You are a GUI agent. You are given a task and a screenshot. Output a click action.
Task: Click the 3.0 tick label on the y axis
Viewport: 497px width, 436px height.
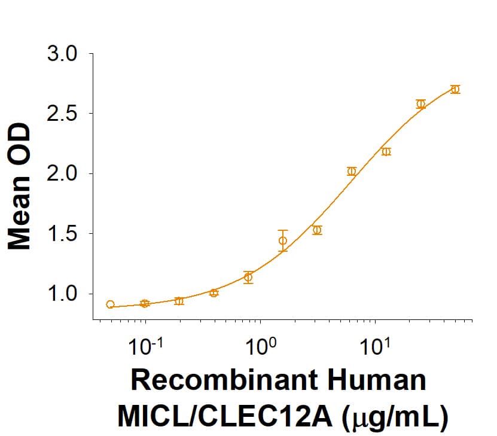pyautogui.click(x=62, y=54)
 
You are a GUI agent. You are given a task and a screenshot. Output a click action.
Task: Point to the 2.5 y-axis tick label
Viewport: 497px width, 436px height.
pyautogui.click(x=62, y=114)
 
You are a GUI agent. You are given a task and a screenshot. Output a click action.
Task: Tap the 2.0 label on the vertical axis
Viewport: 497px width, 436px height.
pyautogui.click(x=62, y=174)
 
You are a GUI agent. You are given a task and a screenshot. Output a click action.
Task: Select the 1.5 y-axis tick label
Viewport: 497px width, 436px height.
pyautogui.click(x=62, y=234)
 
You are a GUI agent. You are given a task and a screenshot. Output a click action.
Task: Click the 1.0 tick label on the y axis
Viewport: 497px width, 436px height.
pyautogui.click(x=62, y=294)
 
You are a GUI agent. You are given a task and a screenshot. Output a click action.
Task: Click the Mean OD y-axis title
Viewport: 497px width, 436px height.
pyautogui.click(x=19, y=186)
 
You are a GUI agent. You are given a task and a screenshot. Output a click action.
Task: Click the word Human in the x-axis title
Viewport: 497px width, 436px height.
pyautogui.click(x=380, y=381)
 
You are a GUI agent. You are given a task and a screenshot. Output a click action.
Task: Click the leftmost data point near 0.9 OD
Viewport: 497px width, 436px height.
pyautogui.click(x=110, y=304)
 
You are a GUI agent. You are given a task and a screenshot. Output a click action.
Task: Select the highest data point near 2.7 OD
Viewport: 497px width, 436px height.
pyautogui.click(x=455, y=89)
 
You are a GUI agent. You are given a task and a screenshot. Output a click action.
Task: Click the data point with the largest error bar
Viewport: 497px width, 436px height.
pyautogui.click(x=283, y=240)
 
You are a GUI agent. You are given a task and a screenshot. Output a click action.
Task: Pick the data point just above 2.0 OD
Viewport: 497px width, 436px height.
pyautogui.click(x=352, y=171)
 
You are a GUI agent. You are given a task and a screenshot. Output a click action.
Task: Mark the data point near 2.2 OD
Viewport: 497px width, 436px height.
pyautogui.click(x=386, y=151)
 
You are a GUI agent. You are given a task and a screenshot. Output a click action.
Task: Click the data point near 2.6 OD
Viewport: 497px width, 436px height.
pyautogui.click(x=420, y=104)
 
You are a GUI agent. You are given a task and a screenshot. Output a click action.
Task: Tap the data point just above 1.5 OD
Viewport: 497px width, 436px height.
pyautogui.click(x=317, y=230)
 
